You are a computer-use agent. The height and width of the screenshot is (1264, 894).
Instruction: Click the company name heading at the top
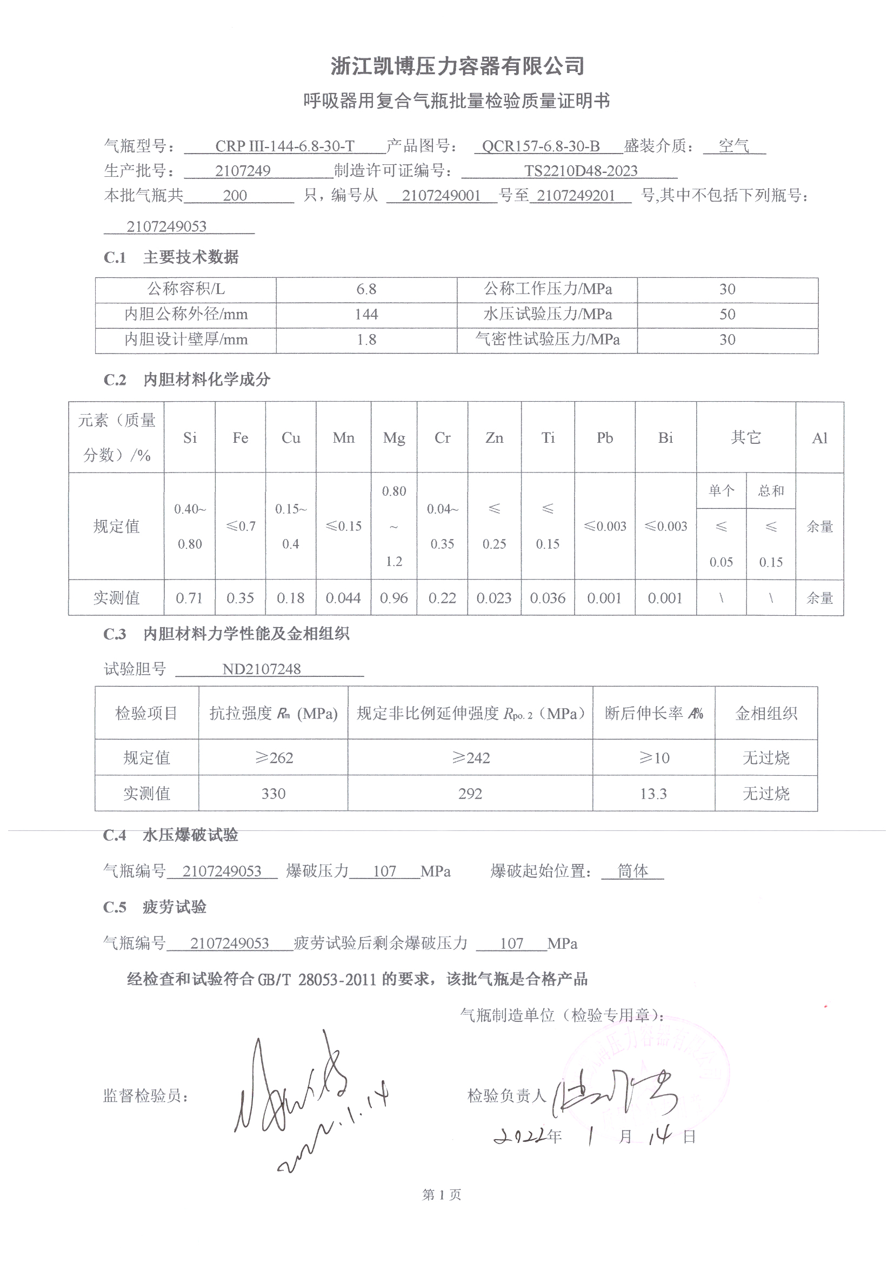pyautogui.click(x=457, y=66)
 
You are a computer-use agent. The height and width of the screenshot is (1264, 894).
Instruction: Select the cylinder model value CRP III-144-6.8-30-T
pyautogui.click(x=285, y=147)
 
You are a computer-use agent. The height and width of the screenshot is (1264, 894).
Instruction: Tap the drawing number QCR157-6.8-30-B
pyautogui.click(x=541, y=147)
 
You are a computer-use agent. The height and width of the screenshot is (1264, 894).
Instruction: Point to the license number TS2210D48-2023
pyautogui.click(x=581, y=171)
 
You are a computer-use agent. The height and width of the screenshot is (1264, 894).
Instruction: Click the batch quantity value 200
pyautogui.click(x=235, y=195)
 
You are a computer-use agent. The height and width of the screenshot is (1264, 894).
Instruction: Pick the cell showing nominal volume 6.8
pyautogui.click(x=366, y=290)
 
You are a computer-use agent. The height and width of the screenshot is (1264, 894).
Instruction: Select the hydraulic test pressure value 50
pyautogui.click(x=727, y=315)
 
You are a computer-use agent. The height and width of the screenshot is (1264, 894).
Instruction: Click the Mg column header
pyautogui.click(x=394, y=438)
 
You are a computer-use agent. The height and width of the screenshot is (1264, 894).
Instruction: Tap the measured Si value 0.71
pyautogui.click(x=189, y=598)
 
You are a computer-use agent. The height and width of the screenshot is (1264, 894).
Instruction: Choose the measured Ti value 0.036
pyautogui.click(x=548, y=598)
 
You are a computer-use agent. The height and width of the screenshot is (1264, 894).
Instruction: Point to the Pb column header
pyautogui.click(x=604, y=438)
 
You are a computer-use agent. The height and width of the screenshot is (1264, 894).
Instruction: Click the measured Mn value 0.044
pyautogui.click(x=344, y=598)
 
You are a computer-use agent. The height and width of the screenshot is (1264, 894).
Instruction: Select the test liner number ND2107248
pyautogui.click(x=262, y=669)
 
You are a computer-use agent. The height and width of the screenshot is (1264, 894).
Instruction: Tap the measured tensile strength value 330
pyautogui.click(x=273, y=794)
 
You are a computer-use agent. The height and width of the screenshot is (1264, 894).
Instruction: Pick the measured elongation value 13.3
pyautogui.click(x=653, y=794)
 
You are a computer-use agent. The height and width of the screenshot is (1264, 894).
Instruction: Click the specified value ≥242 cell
pyautogui.click(x=470, y=758)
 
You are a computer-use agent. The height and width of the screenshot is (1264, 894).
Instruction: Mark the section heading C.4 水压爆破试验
pyautogui.click(x=171, y=835)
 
